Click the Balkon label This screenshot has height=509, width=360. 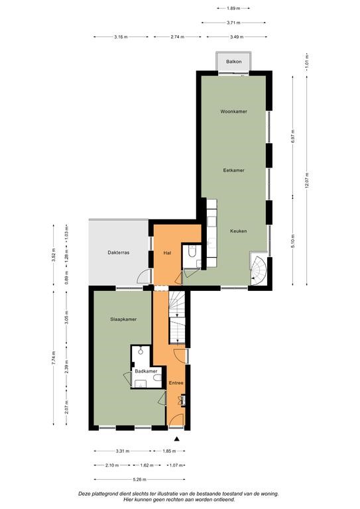pos(234,62)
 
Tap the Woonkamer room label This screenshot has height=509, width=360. pos(234,111)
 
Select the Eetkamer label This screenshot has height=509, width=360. pos(234,170)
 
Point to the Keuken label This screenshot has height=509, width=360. pos(238,231)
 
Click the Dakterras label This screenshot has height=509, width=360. pos(119,253)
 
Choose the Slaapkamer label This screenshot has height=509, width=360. pos(123,319)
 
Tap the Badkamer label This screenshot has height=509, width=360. pos(146,371)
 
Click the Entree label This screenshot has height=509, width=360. pos(176,383)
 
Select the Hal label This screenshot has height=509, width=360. pos(167,253)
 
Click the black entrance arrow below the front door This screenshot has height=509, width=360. pos(176,439)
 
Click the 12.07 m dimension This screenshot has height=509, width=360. pos(307,180)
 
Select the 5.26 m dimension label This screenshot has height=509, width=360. pos(140,479)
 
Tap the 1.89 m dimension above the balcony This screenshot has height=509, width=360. pos(233,8)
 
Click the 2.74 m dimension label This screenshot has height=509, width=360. pos(177,37)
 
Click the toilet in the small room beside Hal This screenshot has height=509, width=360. pos(192,252)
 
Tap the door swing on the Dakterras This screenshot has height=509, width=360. pos(144,276)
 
